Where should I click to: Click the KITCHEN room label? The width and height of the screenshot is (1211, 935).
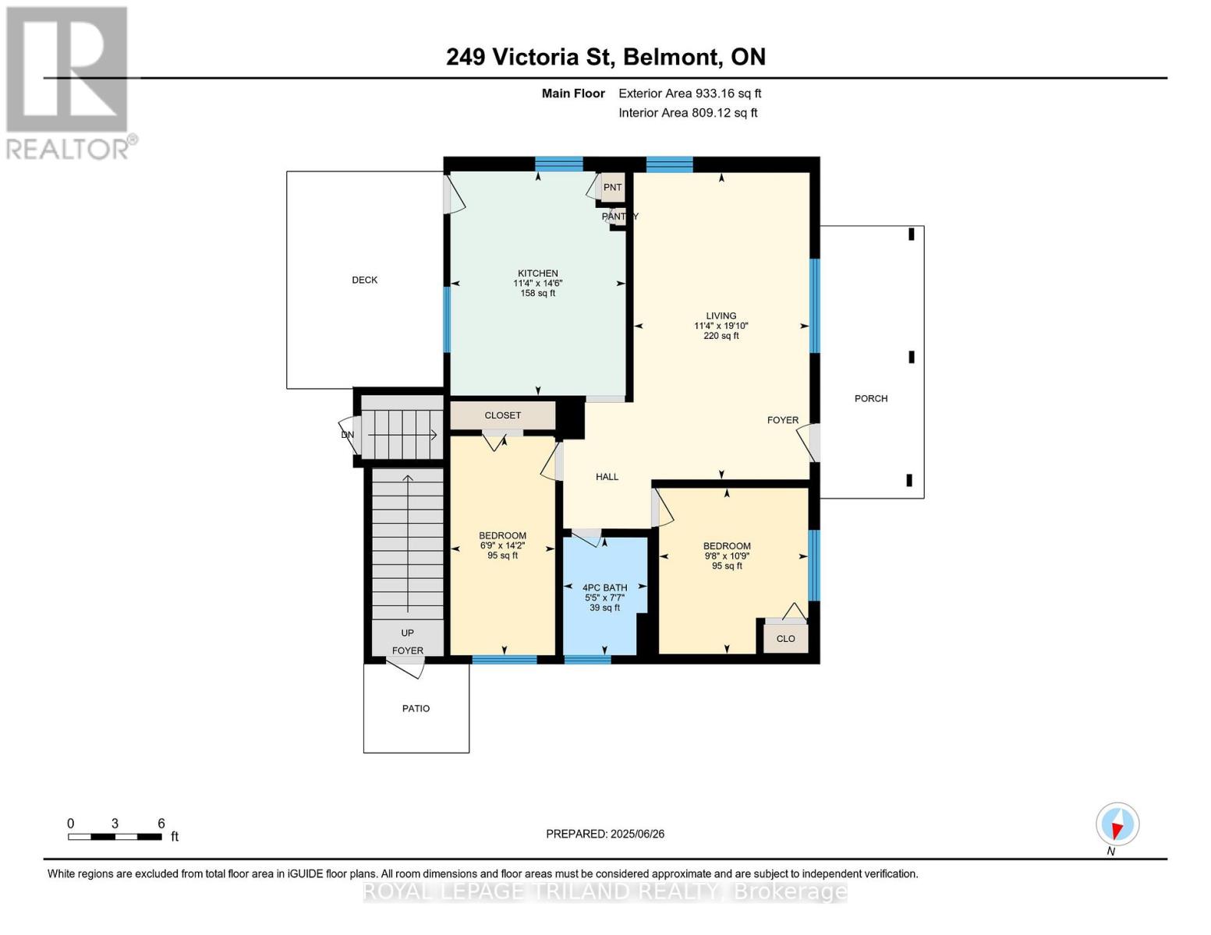click(x=537, y=273)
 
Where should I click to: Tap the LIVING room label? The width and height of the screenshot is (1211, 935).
click(x=721, y=316)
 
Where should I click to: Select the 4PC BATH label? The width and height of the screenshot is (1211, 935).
click(x=604, y=587)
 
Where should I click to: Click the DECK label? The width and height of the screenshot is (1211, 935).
click(x=364, y=280)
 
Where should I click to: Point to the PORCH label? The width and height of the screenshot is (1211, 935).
click(x=870, y=398)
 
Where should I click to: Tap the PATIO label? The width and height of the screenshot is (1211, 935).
click(x=416, y=708)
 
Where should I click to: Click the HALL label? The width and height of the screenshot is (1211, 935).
click(x=607, y=477)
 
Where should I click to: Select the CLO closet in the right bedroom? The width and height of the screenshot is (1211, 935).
click(x=785, y=638)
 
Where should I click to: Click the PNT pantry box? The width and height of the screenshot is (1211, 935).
click(x=613, y=187)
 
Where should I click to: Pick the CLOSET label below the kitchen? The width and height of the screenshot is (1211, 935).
click(x=502, y=415)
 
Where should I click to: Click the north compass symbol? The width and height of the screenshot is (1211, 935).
click(x=1117, y=824)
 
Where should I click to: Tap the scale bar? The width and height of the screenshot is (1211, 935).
click(x=115, y=836)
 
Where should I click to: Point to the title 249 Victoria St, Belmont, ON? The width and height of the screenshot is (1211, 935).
click(x=606, y=57)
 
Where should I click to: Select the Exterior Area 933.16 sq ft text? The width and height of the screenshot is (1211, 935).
click(x=689, y=93)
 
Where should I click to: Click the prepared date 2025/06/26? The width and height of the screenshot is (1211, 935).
click(x=637, y=834)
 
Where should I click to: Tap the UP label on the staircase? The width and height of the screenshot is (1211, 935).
click(x=407, y=633)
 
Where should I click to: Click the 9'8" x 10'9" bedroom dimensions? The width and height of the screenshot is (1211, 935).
click(x=727, y=556)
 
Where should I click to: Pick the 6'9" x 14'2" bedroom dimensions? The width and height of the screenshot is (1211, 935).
click(x=502, y=545)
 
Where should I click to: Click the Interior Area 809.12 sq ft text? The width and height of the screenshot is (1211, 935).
click(x=688, y=113)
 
